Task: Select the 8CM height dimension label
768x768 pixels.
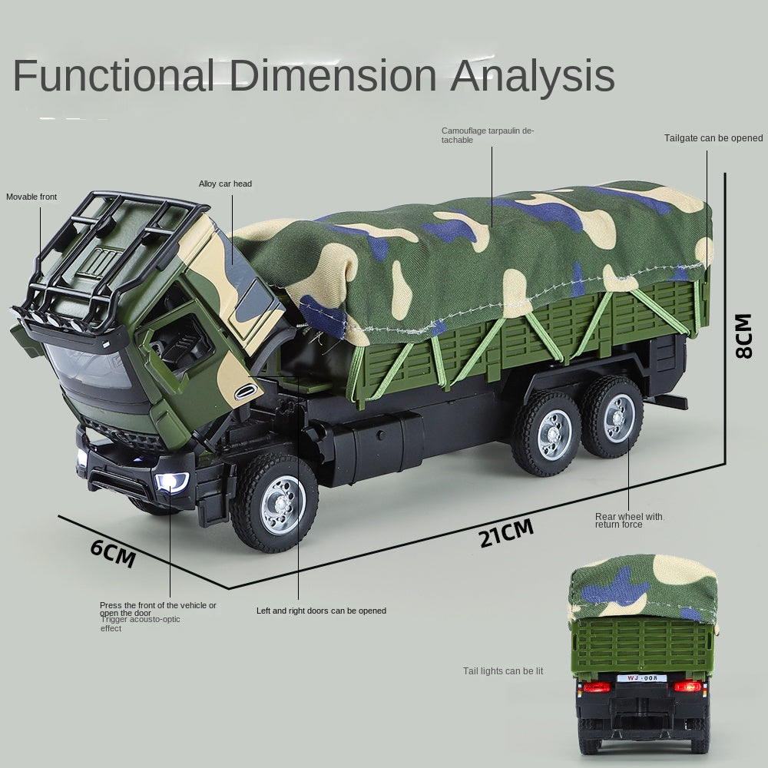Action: [743, 335]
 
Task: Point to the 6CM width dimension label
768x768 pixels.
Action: [113, 552]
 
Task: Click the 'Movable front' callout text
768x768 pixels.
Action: [31, 197]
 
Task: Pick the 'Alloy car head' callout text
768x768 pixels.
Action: [225, 184]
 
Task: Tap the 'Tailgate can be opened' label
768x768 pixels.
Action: [713, 138]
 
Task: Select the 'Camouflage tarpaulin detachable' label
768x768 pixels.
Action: [487, 135]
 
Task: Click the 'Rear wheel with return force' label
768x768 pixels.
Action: [628, 520]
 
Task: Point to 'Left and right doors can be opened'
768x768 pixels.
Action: [321, 611]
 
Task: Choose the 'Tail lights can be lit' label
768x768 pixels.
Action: [503, 671]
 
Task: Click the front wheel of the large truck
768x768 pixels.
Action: [275, 503]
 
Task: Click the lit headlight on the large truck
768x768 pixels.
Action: [172, 482]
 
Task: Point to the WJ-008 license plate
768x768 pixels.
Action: [638, 678]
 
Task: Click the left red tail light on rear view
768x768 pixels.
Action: [596, 687]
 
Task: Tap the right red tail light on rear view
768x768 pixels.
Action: [688, 687]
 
